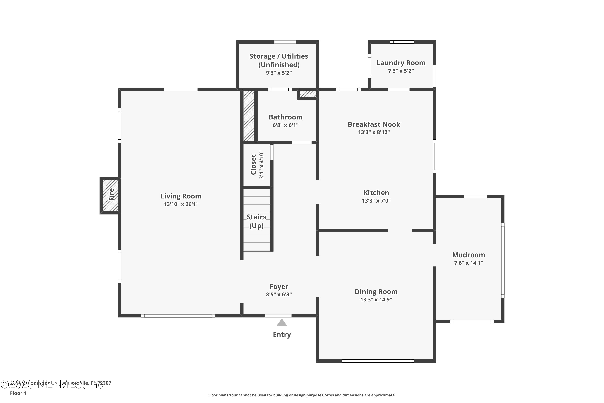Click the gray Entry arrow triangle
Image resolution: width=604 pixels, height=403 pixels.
(282, 323)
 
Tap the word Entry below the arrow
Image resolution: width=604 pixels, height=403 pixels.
(282, 335)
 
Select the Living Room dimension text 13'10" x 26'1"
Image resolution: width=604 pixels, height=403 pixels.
(181, 204)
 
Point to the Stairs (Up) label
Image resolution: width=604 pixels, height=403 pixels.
(256, 221)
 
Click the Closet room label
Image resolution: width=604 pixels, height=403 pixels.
(254, 165)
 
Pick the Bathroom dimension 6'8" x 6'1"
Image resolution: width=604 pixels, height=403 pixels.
(285, 125)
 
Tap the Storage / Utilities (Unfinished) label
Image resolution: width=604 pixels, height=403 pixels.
(279, 60)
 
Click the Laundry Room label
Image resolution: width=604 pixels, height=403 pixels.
(401, 63)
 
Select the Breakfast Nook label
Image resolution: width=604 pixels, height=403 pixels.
(374, 124)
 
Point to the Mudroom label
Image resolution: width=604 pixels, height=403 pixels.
(469, 255)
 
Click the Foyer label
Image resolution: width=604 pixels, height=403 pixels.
(279, 287)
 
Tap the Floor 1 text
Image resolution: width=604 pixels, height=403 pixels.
(18, 393)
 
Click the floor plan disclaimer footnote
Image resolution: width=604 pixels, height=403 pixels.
(302, 395)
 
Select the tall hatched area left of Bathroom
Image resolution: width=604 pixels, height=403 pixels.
(249, 116)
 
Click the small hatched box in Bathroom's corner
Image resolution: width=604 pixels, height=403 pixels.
(308, 94)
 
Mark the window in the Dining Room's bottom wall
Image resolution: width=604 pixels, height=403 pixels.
(377, 361)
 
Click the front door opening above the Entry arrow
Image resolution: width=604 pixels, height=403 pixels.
(278, 316)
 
